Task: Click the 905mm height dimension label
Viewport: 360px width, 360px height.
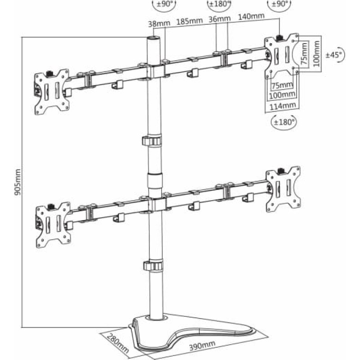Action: (18, 182)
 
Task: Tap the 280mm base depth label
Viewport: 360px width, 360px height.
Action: (118, 343)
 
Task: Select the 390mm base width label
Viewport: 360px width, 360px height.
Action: (202, 345)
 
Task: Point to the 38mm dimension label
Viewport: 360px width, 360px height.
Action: (159, 23)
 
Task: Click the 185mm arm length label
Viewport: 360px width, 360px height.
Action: (189, 21)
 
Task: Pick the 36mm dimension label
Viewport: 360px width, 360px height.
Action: (220, 19)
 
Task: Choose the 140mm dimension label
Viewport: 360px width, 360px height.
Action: (251, 16)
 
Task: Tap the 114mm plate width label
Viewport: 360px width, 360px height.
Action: (283, 106)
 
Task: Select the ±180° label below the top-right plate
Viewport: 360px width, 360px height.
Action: (284, 121)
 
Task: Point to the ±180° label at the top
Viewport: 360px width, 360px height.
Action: (219, 4)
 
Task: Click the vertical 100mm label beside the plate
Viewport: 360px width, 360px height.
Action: (316, 54)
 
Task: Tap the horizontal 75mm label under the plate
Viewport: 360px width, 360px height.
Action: (282, 85)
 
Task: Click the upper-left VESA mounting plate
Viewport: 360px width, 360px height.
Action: (52, 92)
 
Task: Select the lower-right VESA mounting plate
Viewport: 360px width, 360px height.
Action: (283, 189)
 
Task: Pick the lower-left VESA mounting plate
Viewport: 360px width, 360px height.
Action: (53, 225)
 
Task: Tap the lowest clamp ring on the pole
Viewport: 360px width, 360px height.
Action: (153, 265)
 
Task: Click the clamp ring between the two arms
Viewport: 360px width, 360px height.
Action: (152, 141)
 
